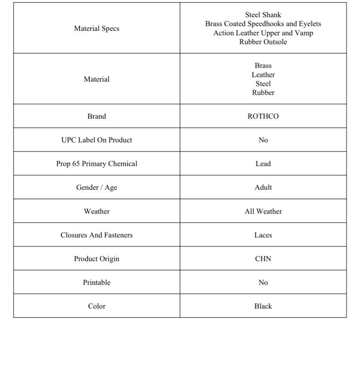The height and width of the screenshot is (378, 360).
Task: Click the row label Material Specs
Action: click(x=96, y=28)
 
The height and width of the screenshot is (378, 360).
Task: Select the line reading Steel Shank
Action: click(x=263, y=15)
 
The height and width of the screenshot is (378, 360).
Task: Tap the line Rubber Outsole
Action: click(x=263, y=42)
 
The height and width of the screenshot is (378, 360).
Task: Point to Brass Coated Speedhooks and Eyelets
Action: click(x=263, y=24)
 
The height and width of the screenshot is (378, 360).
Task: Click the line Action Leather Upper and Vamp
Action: click(x=263, y=33)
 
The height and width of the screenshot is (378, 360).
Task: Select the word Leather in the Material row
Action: click(x=263, y=75)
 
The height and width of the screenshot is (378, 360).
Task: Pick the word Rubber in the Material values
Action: click(x=263, y=93)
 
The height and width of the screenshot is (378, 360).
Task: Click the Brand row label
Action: click(x=96, y=116)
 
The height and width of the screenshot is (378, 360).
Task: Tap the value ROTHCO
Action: click(x=263, y=116)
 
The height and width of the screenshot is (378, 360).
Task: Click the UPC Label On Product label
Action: click(x=96, y=140)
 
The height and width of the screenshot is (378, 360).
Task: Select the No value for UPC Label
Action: click(x=263, y=140)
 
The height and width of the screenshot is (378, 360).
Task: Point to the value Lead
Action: click(x=263, y=163)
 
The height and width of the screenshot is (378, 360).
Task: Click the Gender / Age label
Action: click(x=96, y=187)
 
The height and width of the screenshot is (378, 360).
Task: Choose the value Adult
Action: click(x=263, y=187)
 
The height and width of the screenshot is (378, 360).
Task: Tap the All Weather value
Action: click(x=263, y=211)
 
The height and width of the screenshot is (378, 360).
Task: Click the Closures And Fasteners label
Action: click(x=96, y=235)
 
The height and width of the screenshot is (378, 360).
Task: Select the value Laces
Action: click(x=263, y=235)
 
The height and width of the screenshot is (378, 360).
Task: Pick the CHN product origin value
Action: click(x=263, y=258)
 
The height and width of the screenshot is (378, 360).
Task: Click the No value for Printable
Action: click(x=263, y=282)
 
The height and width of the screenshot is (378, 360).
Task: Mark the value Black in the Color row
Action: click(x=263, y=306)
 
